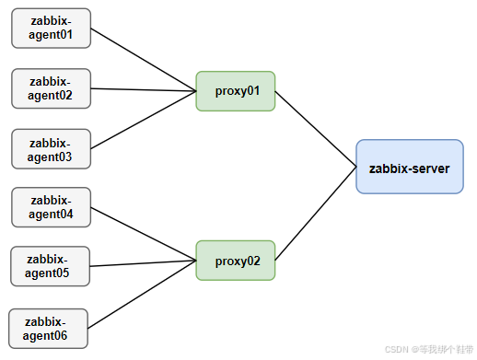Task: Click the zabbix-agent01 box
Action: (52, 29)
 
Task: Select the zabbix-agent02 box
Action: (52, 87)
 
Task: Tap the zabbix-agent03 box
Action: (52, 148)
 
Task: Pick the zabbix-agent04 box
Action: (52, 207)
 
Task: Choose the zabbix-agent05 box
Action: (52, 265)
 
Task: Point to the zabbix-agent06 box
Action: (48, 328)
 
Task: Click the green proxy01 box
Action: (236, 91)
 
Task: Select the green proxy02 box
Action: (236, 261)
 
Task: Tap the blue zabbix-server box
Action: (409, 167)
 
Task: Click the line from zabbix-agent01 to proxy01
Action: (144, 59)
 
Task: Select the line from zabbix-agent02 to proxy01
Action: (144, 89)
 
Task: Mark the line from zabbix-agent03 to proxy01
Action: (144, 120)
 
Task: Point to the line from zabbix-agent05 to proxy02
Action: (144, 263)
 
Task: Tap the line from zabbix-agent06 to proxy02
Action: (144, 296)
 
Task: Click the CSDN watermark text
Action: (428, 349)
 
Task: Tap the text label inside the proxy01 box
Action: (236, 91)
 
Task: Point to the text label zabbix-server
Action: (409, 168)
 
